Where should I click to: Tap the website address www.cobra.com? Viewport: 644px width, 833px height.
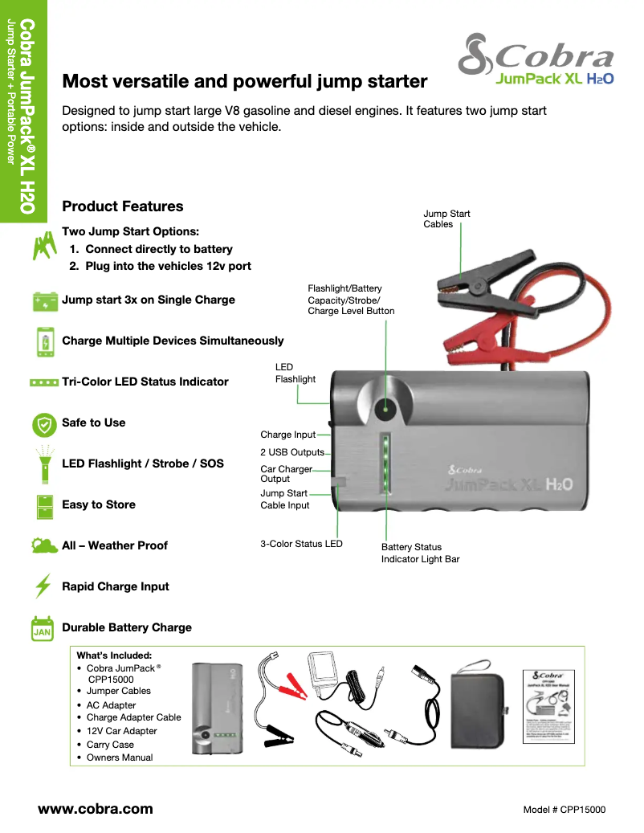click(96, 809)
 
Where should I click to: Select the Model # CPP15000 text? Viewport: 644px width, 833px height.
click(564, 810)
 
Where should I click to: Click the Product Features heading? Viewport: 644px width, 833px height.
click(123, 206)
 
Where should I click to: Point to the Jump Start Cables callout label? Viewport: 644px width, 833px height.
click(446, 218)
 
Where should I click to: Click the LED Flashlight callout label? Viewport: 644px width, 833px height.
click(295, 373)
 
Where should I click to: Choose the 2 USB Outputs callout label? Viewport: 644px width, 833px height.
click(291, 452)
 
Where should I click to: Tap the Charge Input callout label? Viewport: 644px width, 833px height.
click(287, 435)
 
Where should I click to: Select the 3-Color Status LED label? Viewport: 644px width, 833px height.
click(301, 544)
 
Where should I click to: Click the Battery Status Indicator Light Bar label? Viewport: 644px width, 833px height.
click(420, 553)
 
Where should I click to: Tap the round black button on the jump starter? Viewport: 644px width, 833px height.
click(385, 409)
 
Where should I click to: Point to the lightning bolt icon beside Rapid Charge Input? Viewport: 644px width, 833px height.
click(43, 586)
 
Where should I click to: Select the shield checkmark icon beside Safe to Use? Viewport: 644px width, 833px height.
click(43, 423)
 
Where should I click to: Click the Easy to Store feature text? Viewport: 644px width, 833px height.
click(99, 504)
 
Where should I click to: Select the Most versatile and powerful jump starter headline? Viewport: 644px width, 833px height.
click(245, 81)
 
